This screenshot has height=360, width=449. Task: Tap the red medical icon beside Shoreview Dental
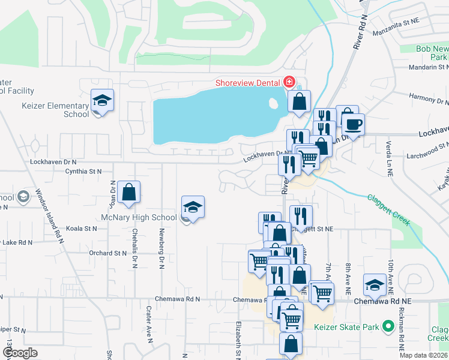click(x=289, y=81)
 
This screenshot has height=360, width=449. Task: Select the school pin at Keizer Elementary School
click(x=102, y=100)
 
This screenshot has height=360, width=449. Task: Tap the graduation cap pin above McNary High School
click(x=193, y=207)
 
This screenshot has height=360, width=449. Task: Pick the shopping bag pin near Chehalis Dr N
click(x=129, y=192)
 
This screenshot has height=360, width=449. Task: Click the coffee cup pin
click(x=353, y=125)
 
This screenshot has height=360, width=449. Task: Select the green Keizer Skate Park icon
click(x=388, y=327)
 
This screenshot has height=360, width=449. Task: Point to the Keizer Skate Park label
click(x=347, y=328)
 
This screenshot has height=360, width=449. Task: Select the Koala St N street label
click(x=82, y=229)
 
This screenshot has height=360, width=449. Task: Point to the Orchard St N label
click(x=106, y=253)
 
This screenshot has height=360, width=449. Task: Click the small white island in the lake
click(x=274, y=103)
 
